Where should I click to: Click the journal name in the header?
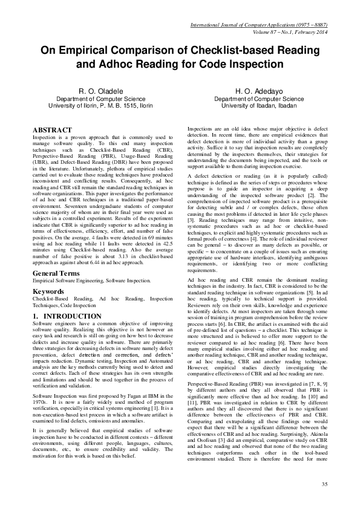pyautogui.click(x=257, y=25)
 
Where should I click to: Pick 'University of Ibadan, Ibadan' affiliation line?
pyautogui.click(x=259, y=106)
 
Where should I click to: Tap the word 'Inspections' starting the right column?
pyautogui.click(x=201, y=129)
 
